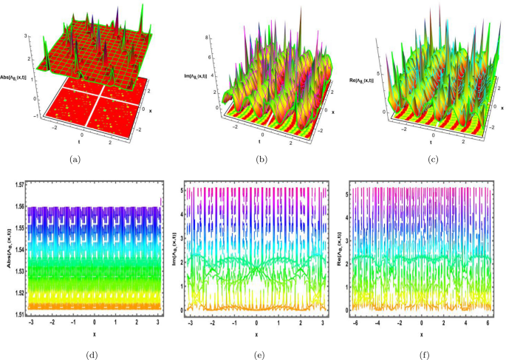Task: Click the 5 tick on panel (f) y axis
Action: click(348, 190)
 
